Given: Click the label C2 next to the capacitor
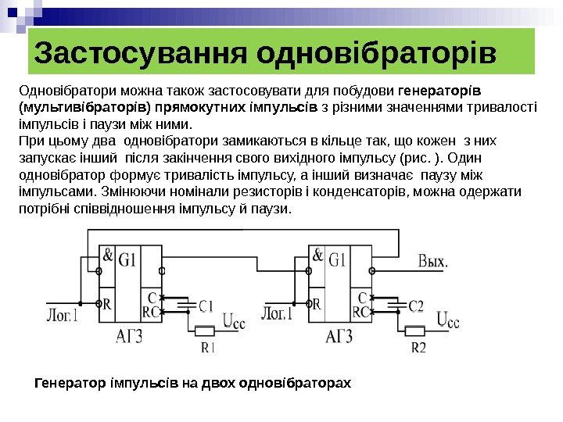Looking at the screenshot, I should coord(417,306).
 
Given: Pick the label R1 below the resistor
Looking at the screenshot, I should coord(207,348).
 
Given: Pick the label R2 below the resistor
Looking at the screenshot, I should coord(418,348).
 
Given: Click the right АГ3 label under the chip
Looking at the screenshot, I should coord(337,338).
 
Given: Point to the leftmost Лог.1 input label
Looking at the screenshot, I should coord(61,315).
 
